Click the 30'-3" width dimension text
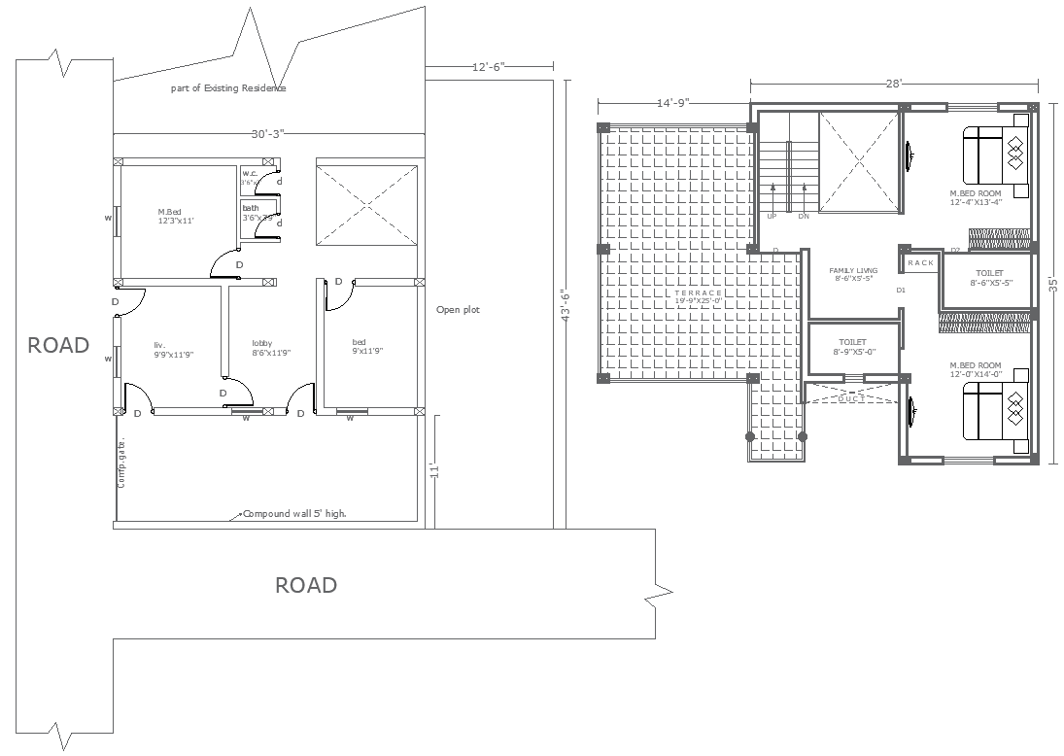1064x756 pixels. click(x=268, y=134)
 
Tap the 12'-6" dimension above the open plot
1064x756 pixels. click(x=489, y=67)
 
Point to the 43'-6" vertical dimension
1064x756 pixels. click(x=564, y=309)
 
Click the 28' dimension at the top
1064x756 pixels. click(x=894, y=84)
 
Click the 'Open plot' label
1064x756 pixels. click(x=458, y=310)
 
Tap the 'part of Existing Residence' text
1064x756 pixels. click(x=228, y=88)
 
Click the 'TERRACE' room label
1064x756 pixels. click(x=700, y=292)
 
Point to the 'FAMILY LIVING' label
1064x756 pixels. click(x=853, y=270)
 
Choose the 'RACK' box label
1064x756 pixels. click(x=920, y=263)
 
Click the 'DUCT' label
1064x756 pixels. click(x=852, y=398)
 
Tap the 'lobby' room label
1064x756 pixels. click(x=262, y=343)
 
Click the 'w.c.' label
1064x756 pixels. click(x=250, y=173)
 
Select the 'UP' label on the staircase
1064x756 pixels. click(x=772, y=216)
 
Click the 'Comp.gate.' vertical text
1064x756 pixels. click(x=122, y=464)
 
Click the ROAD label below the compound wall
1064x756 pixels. click(x=306, y=585)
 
